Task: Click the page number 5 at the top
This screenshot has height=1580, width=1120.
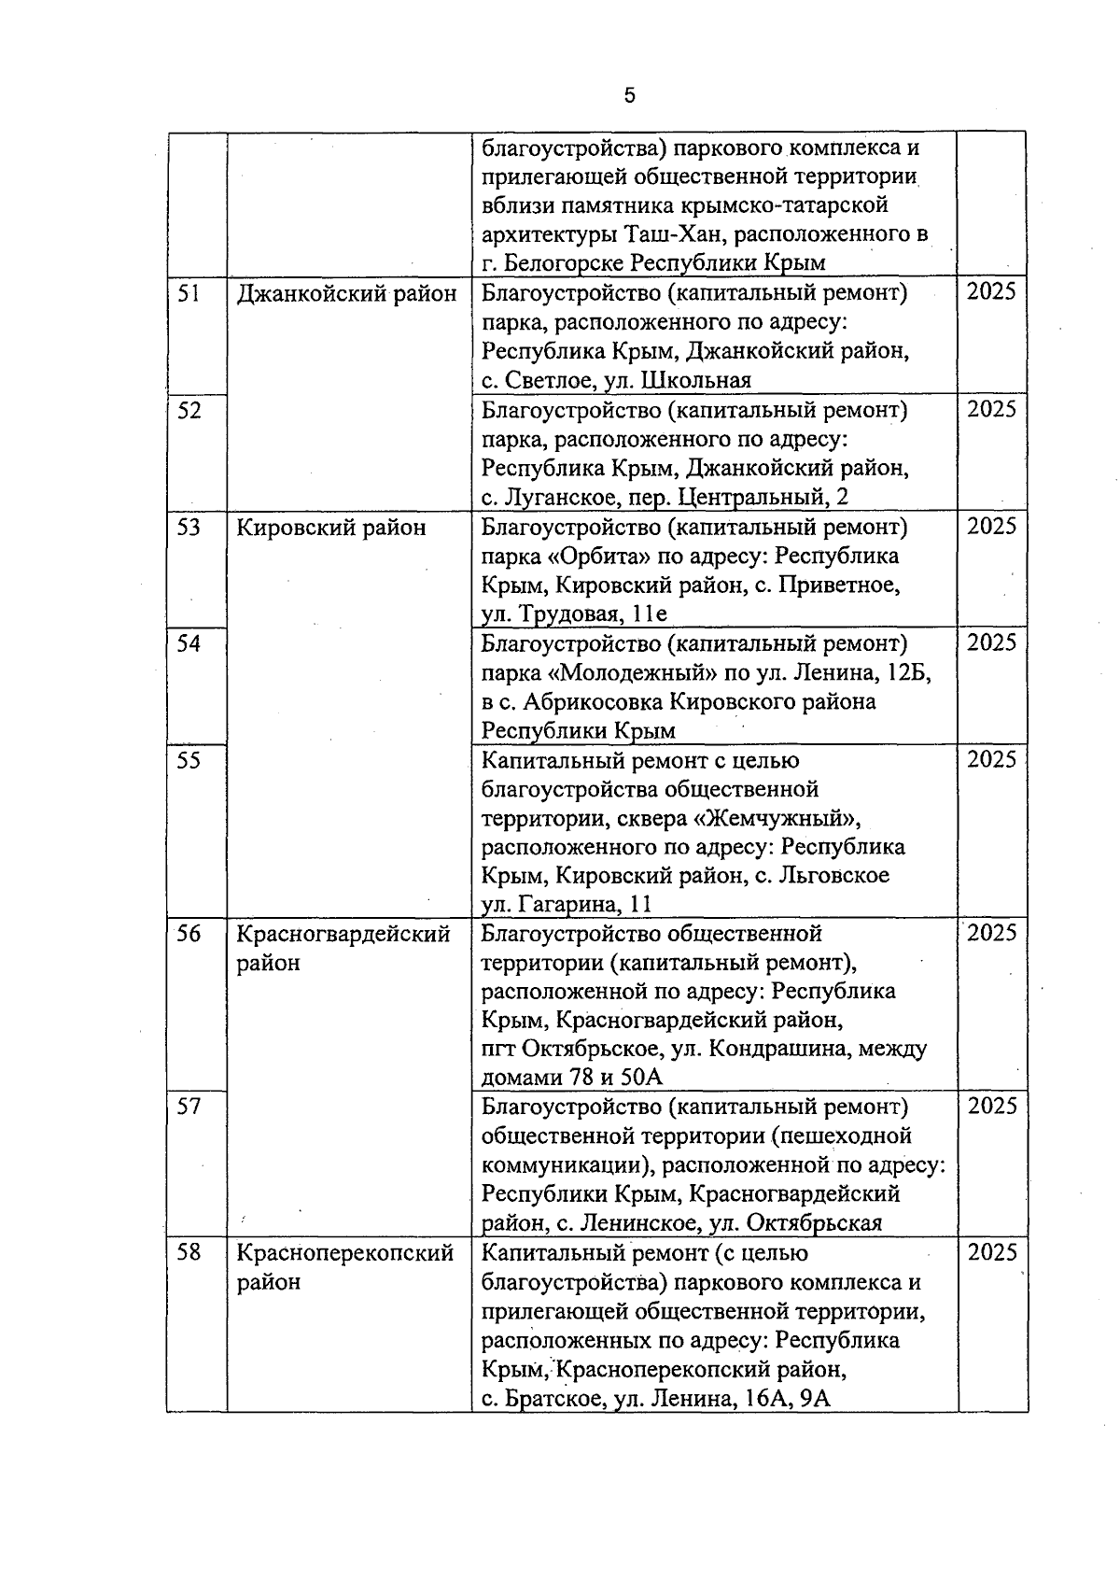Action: (x=629, y=95)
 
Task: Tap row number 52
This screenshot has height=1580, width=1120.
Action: (x=189, y=410)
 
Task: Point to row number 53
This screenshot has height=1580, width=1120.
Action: (x=189, y=527)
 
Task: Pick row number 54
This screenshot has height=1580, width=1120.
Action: (x=189, y=643)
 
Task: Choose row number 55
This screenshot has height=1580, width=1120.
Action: (x=189, y=760)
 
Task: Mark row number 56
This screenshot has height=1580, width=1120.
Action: (x=189, y=933)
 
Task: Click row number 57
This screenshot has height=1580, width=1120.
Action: (x=189, y=1107)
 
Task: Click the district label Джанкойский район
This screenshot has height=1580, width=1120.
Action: (x=346, y=294)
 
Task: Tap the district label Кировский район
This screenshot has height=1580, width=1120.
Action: (x=331, y=528)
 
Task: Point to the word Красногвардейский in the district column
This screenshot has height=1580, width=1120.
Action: (x=343, y=934)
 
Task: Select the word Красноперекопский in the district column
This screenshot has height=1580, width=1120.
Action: (x=345, y=1253)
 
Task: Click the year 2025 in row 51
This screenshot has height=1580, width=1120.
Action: (x=991, y=292)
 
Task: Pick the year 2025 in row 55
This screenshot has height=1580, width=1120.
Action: (x=991, y=759)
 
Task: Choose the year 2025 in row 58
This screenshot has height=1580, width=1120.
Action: (x=991, y=1252)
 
